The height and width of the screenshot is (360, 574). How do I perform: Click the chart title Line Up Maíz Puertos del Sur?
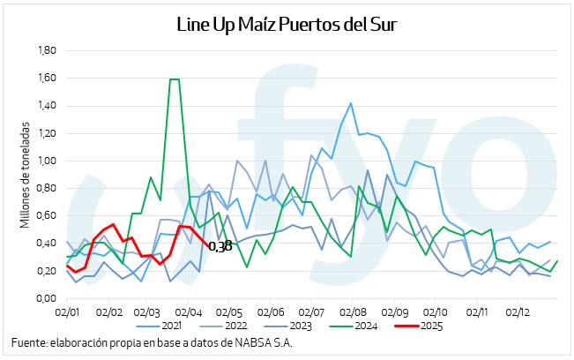click(287, 24)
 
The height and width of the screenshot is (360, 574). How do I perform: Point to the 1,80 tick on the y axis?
click(45, 50)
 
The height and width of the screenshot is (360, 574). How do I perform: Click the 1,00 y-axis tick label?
click(45, 161)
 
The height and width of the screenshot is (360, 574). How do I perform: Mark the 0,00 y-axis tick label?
click(45, 298)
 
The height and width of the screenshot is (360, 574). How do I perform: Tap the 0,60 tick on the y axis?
click(45, 215)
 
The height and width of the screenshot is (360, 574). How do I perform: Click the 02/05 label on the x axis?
click(229, 311)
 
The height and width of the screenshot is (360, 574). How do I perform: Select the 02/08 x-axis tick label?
click(353, 311)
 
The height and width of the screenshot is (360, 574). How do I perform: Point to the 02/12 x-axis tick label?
click(517, 311)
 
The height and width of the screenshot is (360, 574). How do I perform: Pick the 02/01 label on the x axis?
click(68, 311)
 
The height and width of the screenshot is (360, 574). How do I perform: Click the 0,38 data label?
click(220, 246)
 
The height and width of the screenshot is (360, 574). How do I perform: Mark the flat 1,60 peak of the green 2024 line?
click(175, 79)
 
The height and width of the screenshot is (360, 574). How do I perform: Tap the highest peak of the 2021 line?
click(351, 103)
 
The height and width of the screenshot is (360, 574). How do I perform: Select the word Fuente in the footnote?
click(30, 343)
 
